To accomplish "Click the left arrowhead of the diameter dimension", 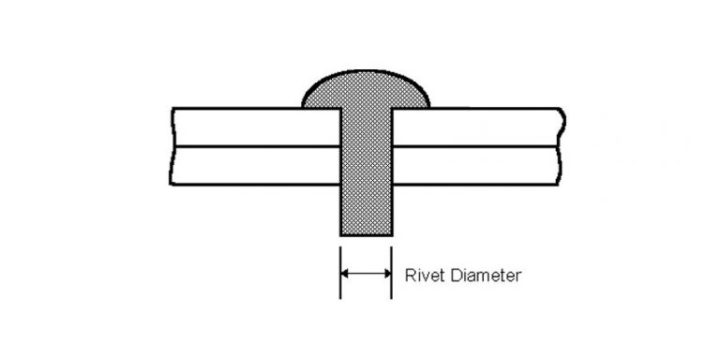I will tap(344, 275).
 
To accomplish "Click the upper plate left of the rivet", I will tap(253, 127).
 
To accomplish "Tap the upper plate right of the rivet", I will tap(478, 127).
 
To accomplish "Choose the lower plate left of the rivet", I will tap(253, 165).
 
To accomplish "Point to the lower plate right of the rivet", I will tap(478, 165).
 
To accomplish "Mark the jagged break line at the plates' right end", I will tap(560, 146).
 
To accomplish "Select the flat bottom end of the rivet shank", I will tap(366, 234).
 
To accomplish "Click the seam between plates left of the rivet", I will tap(253, 146).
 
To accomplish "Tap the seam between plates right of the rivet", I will tap(478, 146).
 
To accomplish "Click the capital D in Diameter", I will tap(447, 277).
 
